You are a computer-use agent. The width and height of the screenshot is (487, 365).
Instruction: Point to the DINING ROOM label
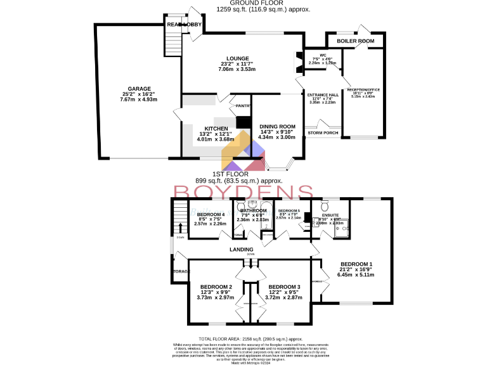tap(277, 127)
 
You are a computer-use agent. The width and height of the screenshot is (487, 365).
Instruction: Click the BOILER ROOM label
tap(356, 41)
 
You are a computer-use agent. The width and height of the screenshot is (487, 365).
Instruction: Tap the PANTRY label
tap(243, 106)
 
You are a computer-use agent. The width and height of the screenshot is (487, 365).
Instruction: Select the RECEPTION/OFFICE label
tap(361, 90)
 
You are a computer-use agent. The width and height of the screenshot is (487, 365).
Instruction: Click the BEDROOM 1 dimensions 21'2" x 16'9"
tap(356, 269)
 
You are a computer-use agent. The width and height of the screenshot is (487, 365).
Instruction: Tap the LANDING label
tap(242, 250)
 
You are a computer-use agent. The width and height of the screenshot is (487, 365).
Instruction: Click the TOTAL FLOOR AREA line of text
tap(243, 340)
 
